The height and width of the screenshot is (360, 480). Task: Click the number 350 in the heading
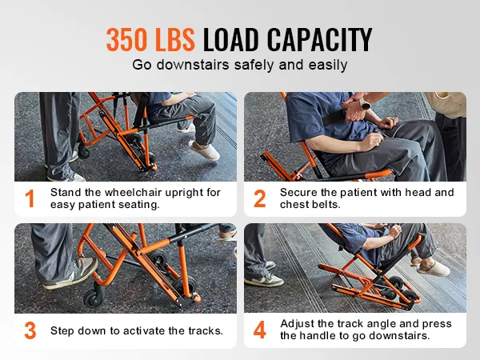coord(131,39)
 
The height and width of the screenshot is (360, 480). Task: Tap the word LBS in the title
coord(177,39)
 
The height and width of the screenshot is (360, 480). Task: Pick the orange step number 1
coord(30,199)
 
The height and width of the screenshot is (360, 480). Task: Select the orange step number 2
coord(259,199)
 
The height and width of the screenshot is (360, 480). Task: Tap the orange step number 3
coord(30,330)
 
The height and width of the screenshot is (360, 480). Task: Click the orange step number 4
coord(259,330)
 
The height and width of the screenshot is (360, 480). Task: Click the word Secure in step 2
coord(297,192)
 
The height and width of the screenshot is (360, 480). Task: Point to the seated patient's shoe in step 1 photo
coord(204,150)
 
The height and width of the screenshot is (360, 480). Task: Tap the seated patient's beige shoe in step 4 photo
coord(433,268)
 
